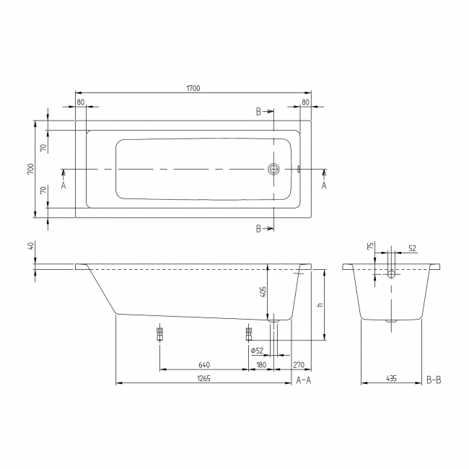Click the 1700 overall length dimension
[x=193, y=88]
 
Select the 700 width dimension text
[x=30, y=169]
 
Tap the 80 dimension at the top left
[x=80, y=102]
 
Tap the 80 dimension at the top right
[x=305, y=102]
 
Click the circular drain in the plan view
[x=273, y=170]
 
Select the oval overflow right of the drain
[x=297, y=170]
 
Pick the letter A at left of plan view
[x=63, y=185]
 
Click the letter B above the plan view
[x=258, y=112]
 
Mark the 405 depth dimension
[x=263, y=292]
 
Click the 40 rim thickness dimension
[x=30, y=247]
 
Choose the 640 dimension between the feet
[x=204, y=364]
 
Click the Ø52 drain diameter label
[x=256, y=351]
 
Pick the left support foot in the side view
[x=159, y=334]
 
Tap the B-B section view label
[x=434, y=378]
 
